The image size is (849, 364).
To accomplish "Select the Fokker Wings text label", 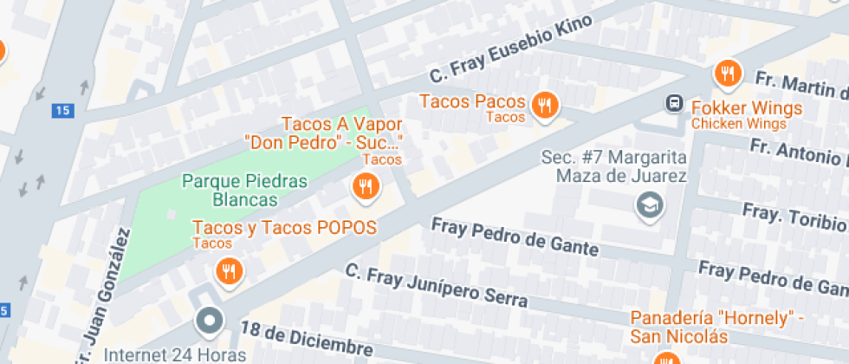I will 748,109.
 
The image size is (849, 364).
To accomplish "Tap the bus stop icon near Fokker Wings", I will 673,104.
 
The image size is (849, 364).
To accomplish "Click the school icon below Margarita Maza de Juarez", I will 647,205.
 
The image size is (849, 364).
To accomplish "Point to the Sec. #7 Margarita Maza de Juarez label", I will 613,167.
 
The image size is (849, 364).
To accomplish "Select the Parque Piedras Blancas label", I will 245,191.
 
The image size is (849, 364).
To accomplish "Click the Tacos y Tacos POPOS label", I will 284,228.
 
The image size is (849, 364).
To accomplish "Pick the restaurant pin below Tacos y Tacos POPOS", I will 229,271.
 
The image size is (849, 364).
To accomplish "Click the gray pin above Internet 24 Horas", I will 209,322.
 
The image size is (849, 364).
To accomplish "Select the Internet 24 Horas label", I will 175,354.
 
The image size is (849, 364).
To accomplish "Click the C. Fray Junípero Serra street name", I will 437,286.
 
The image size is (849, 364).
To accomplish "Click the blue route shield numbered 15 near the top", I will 61,110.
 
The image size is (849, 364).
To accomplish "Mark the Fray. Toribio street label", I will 793,218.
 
